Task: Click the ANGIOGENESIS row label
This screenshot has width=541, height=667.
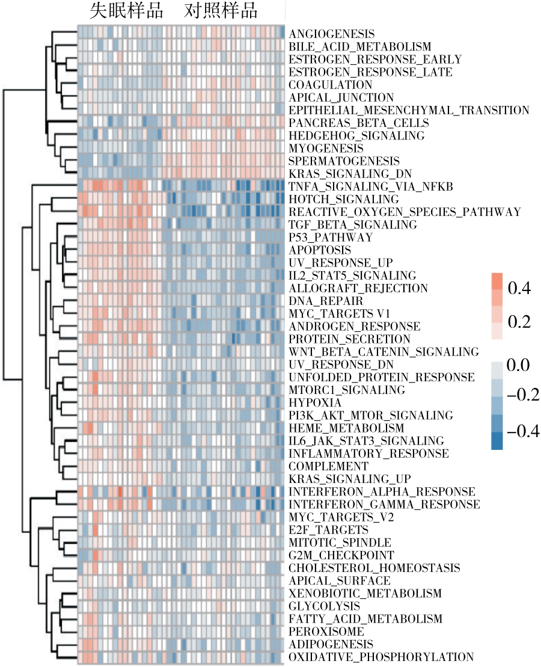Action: pos(331,34)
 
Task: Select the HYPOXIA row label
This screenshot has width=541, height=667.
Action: pos(315,402)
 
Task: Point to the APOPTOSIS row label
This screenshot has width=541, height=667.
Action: pos(320,250)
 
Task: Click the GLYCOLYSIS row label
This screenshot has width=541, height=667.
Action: pos(324,606)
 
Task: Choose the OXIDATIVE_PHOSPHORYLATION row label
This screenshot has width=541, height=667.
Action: pos(381,657)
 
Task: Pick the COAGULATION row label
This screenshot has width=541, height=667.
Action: pos(330,85)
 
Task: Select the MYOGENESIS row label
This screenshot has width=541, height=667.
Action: pos(326,148)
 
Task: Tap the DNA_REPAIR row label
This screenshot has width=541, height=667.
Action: pos(325,301)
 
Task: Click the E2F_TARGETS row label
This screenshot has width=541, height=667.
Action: pos(328,530)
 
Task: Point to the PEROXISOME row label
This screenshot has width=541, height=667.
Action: pos(326,632)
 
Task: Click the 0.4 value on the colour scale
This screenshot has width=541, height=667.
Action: pos(519,289)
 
